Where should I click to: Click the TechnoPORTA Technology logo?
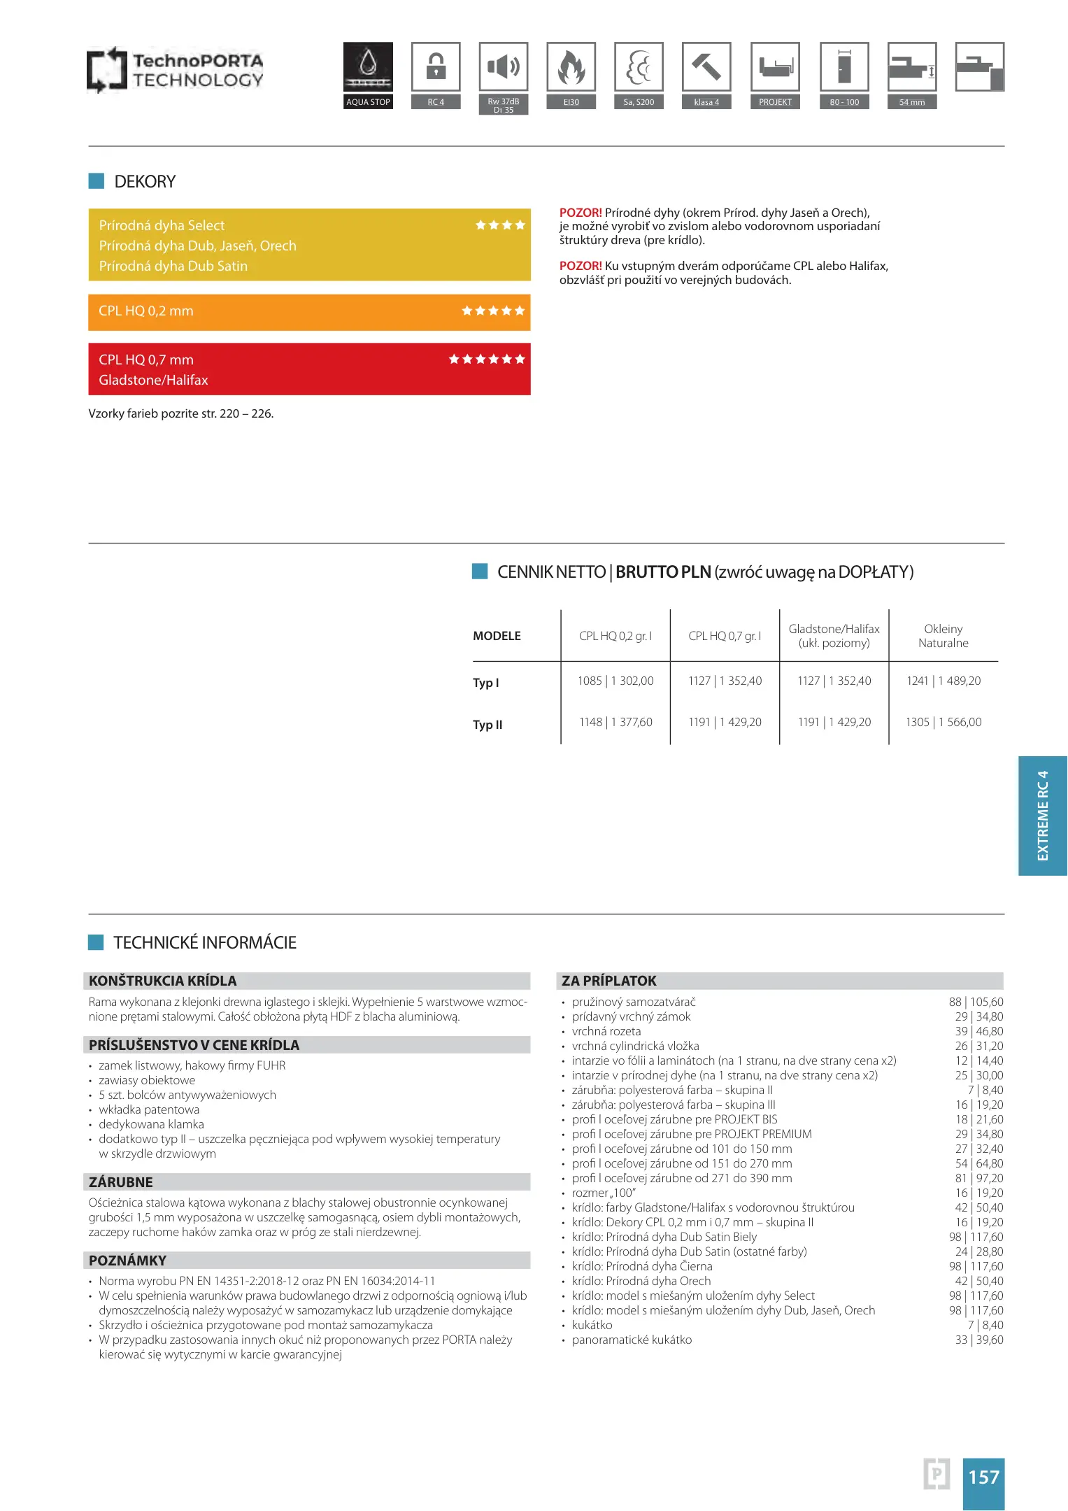point(175,70)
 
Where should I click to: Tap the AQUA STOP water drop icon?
point(368,66)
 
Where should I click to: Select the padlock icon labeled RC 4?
point(436,66)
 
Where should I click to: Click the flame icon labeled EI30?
point(571,66)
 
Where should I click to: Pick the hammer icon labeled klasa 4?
point(706,66)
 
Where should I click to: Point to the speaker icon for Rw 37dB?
point(504,66)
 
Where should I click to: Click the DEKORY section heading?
point(145,182)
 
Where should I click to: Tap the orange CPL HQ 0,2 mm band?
point(309,311)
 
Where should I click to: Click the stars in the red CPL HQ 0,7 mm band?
point(487,360)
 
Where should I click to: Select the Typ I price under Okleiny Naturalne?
point(944,681)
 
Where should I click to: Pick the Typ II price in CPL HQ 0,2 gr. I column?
point(615,723)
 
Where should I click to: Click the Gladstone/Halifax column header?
point(834,636)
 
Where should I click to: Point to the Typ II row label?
point(487,725)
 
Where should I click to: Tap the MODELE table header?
point(497,636)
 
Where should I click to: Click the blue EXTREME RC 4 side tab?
point(1043,816)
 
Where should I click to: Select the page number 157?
point(983,1477)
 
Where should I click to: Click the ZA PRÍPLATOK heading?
point(609,981)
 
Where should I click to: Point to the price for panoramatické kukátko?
point(979,1340)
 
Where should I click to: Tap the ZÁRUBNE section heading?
point(121,1182)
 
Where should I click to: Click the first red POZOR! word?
point(581,213)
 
